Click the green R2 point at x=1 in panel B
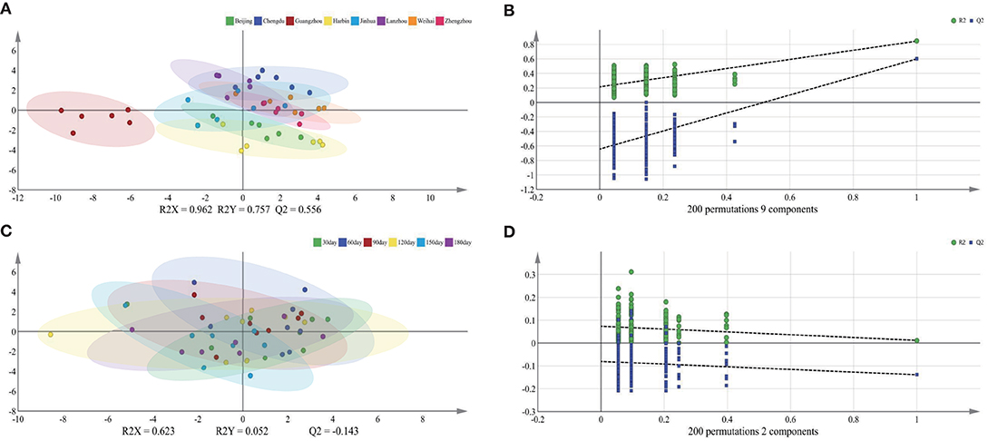917,41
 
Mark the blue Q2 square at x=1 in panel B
917,59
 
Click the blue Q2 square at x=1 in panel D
917,374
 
